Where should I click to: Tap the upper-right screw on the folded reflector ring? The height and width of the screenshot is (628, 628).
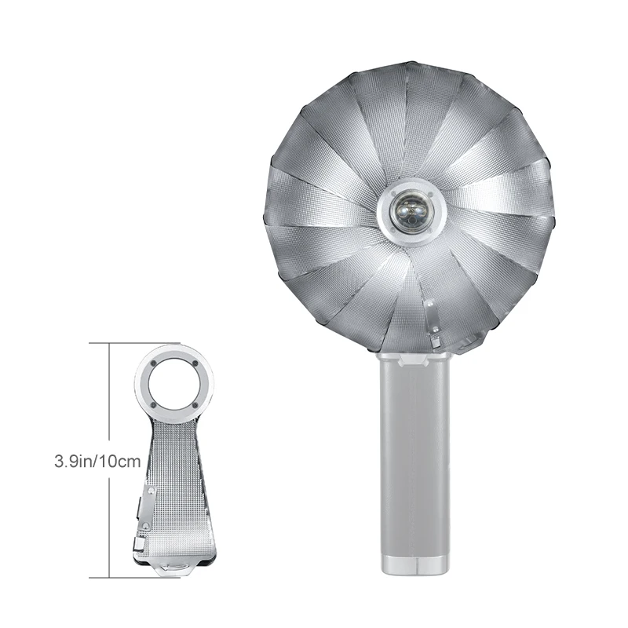point(195,364)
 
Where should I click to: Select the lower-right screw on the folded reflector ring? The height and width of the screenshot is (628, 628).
point(195,404)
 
